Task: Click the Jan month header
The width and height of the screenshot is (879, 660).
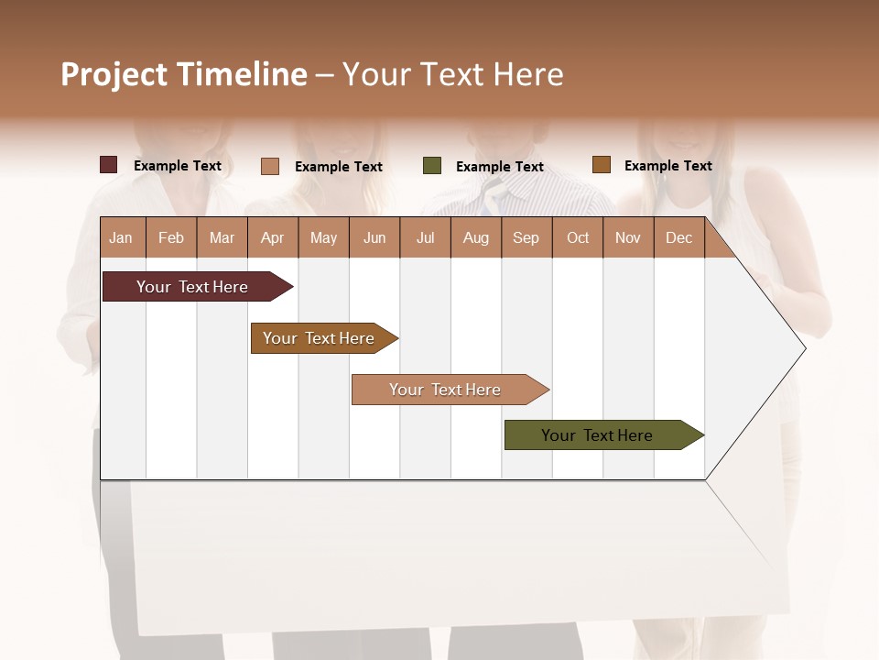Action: pyautogui.click(x=121, y=238)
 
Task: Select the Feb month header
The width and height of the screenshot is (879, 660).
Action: pyautogui.click(x=171, y=238)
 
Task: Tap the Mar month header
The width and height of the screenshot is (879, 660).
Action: pyautogui.click(x=222, y=238)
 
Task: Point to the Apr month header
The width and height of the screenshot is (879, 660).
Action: pyautogui.click(x=272, y=238)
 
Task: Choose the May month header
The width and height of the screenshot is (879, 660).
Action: pyautogui.click(x=323, y=238)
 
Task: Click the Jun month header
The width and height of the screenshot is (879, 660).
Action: pyautogui.click(x=374, y=238)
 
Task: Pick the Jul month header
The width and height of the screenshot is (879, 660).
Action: pyautogui.click(x=425, y=238)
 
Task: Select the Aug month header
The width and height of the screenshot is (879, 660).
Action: pyautogui.click(x=476, y=238)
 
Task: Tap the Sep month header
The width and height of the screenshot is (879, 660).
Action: pyautogui.click(x=526, y=238)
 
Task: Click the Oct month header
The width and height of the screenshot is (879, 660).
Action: pyautogui.click(x=578, y=238)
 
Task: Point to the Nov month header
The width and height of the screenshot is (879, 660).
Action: pyautogui.click(x=628, y=238)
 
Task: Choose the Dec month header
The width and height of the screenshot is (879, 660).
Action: pyautogui.click(x=678, y=238)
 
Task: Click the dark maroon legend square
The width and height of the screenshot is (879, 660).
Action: pyautogui.click(x=109, y=165)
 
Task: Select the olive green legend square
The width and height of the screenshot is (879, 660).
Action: pyautogui.click(x=432, y=166)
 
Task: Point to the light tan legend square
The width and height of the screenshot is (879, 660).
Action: pyautogui.click(x=270, y=166)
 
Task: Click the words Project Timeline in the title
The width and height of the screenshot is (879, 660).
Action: pyautogui.click(x=184, y=74)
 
